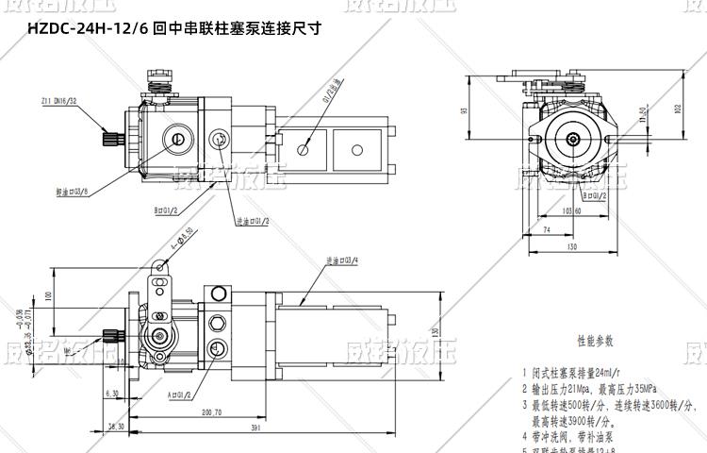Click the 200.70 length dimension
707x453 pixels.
pyautogui.click(x=210, y=412)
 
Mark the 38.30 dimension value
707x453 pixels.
pyautogui.click(x=115, y=427)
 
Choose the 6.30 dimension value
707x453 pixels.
pyautogui.click(x=113, y=393)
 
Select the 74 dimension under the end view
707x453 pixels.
pyautogui.click(x=548, y=229)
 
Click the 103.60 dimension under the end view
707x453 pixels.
pyautogui.click(x=571, y=210)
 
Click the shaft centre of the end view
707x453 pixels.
pyautogui.click(x=574, y=140)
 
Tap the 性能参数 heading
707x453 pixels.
pyautogui.click(x=595, y=340)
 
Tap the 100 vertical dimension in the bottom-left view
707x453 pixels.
pyautogui.click(x=47, y=296)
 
